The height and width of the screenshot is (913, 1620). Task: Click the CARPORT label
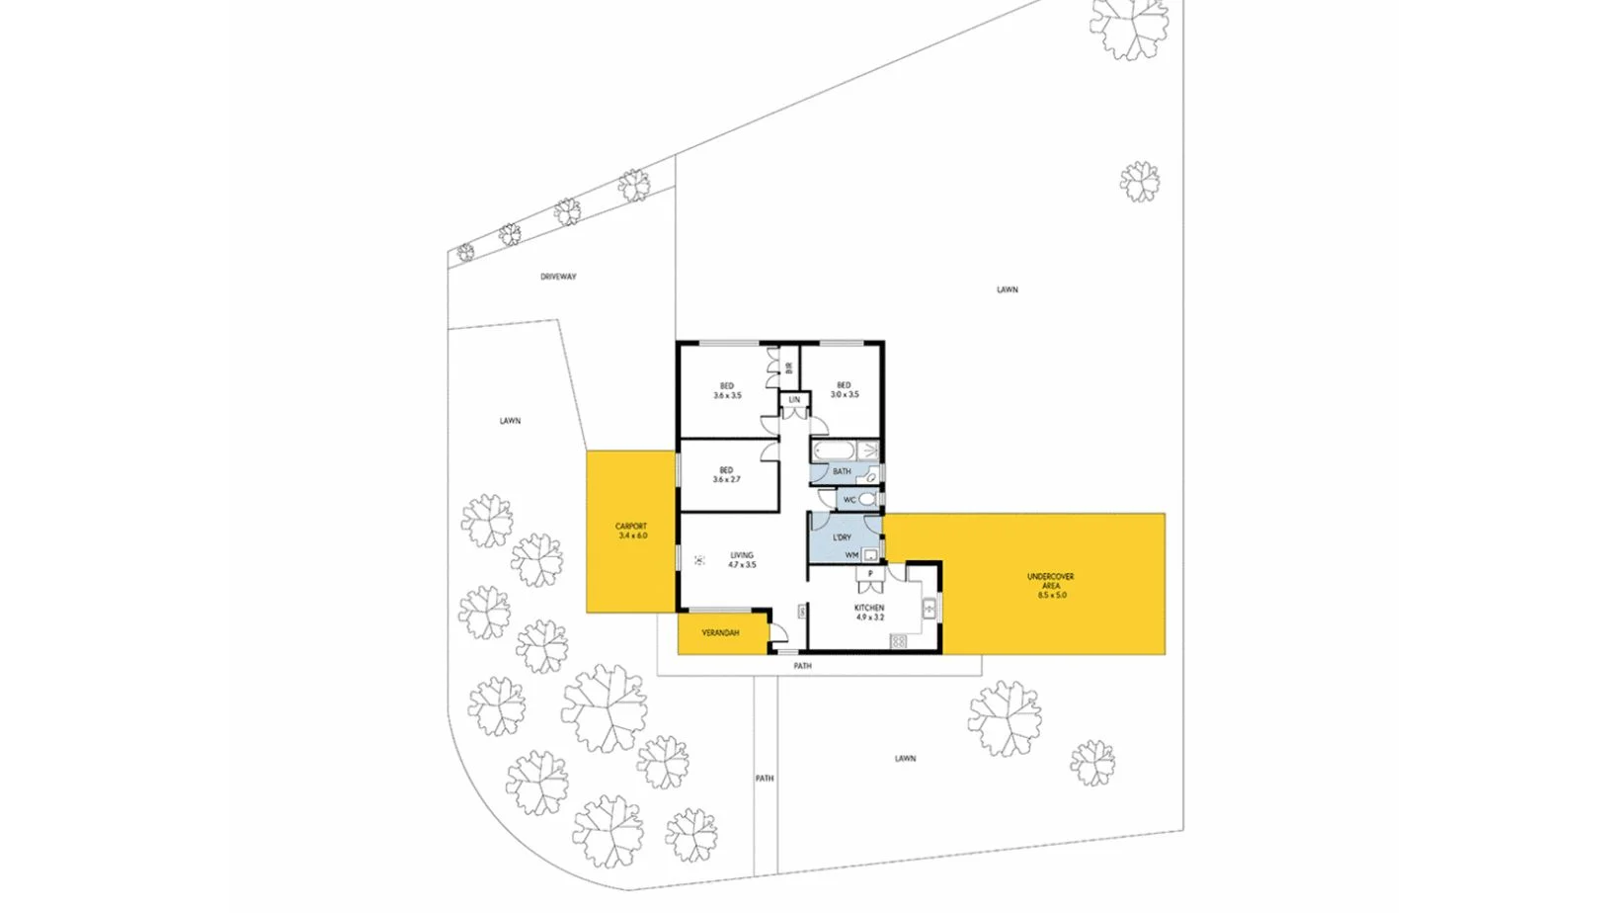click(x=631, y=527)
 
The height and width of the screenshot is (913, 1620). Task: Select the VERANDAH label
click(x=720, y=632)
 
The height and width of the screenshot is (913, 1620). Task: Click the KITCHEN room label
click(x=869, y=608)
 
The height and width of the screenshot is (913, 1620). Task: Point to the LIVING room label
click(x=742, y=555)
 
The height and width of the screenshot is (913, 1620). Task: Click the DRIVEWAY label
click(x=558, y=277)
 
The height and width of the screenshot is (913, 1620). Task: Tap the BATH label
click(x=842, y=471)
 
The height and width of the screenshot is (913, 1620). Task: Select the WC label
click(x=850, y=500)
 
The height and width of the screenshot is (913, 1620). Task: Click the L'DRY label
click(x=842, y=538)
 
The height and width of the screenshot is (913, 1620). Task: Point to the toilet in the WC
click(x=867, y=500)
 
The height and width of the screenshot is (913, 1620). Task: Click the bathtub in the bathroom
click(x=834, y=452)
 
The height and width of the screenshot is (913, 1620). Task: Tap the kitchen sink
click(x=929, y=609)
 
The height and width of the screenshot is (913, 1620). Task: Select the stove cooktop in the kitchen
click(x=898, y=642)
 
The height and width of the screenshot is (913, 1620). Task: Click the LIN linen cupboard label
click(x=794, y=400)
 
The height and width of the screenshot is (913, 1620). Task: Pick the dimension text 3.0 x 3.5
click(x=845, y=394)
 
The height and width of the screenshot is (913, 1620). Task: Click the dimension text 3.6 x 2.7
click(x=726, y=479)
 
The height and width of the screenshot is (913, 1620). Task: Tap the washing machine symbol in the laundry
click(x=869, y=554)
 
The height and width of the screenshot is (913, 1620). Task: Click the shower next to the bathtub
click(x=869, y=452)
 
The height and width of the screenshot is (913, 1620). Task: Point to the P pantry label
click(x=870, y=573)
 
